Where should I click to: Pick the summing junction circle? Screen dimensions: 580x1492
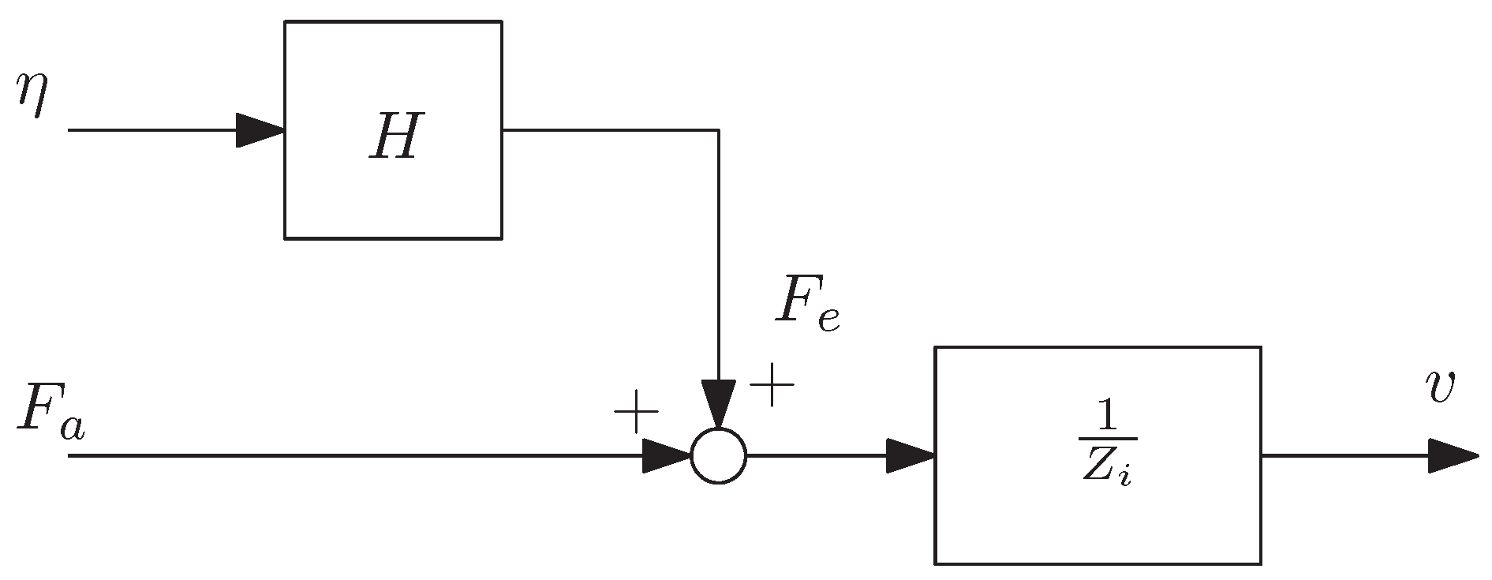718,456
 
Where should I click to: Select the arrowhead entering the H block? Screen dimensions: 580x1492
260,129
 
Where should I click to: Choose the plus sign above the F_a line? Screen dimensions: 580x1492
636,412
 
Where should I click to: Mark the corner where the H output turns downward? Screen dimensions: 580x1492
718,130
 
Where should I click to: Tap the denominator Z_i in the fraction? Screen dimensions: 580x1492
1105,472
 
